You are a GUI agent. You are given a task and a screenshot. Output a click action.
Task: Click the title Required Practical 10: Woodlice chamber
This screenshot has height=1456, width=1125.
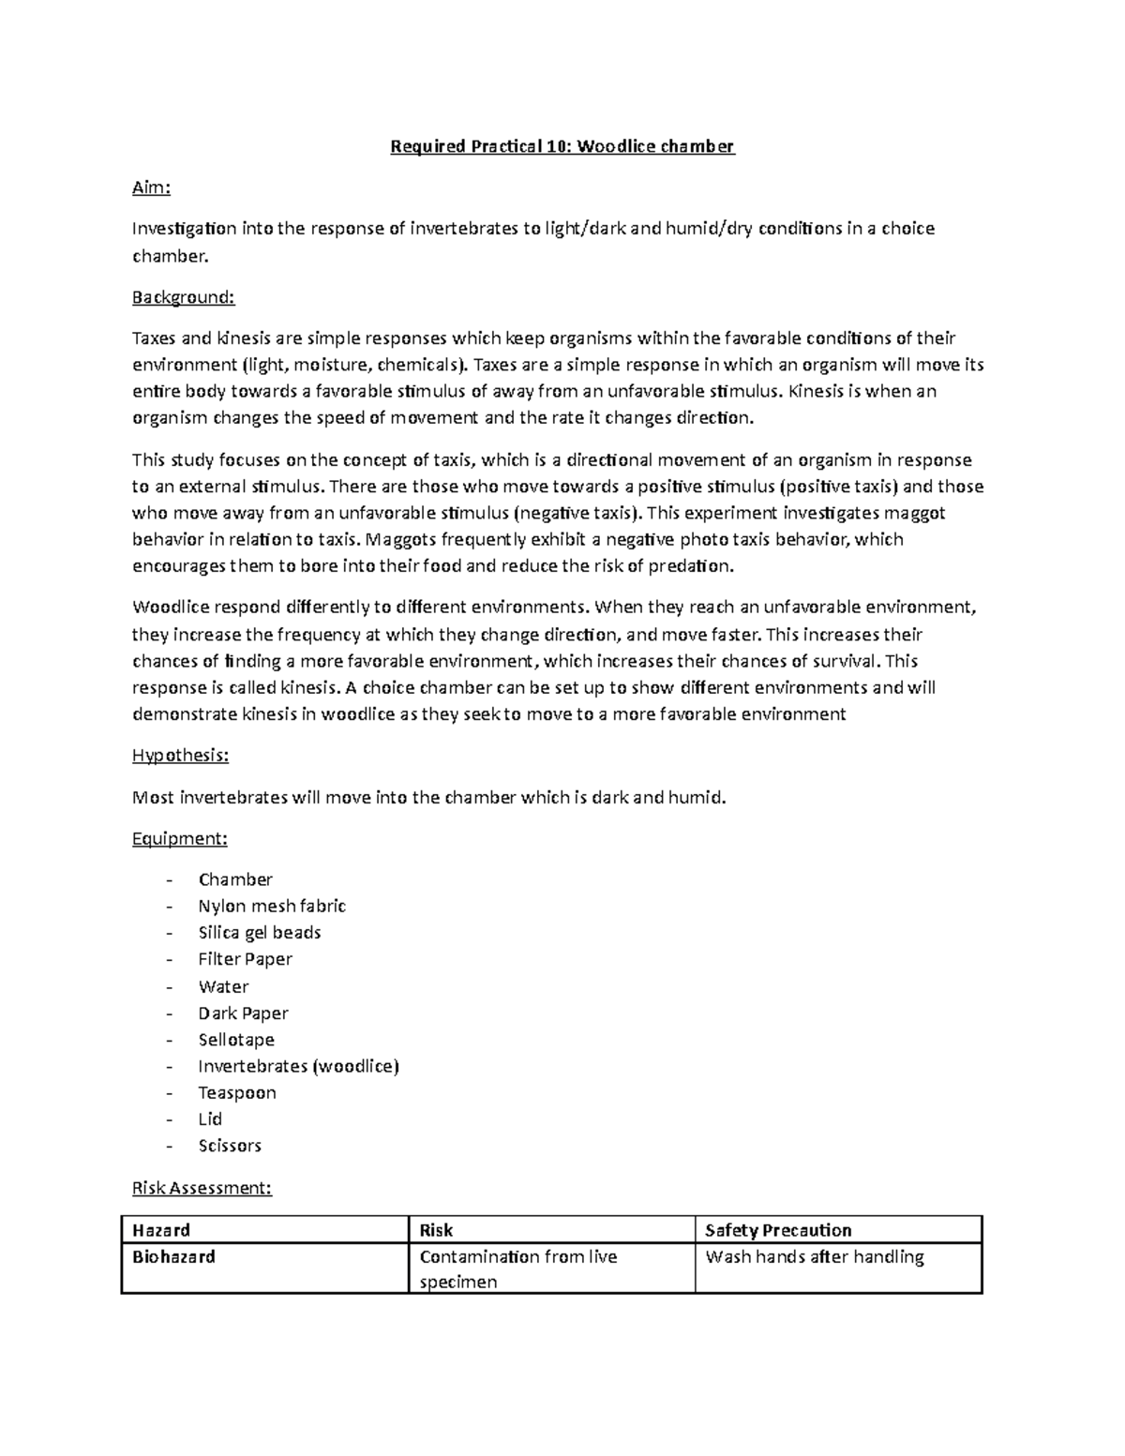(x=562, y=146)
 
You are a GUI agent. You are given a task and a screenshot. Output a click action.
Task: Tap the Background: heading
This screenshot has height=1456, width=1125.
(x=183, y=297)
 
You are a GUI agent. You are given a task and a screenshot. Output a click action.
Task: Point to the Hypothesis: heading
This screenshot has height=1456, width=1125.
(x=180, y=756)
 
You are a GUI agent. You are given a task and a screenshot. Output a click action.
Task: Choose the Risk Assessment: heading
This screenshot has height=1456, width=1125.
(x=202, y=1188)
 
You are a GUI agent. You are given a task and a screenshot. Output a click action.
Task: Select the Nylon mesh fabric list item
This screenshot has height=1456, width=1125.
(x=272, y=906)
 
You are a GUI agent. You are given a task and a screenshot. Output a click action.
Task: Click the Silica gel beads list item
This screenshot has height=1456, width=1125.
(x=260, y=933)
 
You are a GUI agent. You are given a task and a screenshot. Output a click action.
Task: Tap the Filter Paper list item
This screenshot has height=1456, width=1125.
(x=245, y=959)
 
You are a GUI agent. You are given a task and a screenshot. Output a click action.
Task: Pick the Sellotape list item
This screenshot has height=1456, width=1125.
(x=236, y=1040)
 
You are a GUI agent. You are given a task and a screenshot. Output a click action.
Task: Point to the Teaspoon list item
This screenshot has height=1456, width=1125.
(x=237, y=1092)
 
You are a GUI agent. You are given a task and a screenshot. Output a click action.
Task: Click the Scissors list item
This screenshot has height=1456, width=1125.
(x=230, y=1146)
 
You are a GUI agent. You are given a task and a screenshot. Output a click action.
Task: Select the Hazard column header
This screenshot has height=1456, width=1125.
(x=161, y=1230)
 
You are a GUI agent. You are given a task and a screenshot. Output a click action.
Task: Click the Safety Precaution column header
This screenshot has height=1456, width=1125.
(x=778, y=1230)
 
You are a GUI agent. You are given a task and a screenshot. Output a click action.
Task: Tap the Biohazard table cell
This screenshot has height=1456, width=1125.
(x=174, y=1257)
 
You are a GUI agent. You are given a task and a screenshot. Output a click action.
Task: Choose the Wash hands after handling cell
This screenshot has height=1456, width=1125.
(x=815, y=1257)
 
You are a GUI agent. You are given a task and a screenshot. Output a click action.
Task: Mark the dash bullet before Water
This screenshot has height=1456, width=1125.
(x=169, y=987)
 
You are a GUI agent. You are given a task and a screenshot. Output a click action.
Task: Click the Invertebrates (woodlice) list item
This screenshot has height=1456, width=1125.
(x=298, y=1066)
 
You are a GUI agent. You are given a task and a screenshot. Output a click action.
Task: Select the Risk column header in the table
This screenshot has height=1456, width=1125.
(x=437, y=1230)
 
